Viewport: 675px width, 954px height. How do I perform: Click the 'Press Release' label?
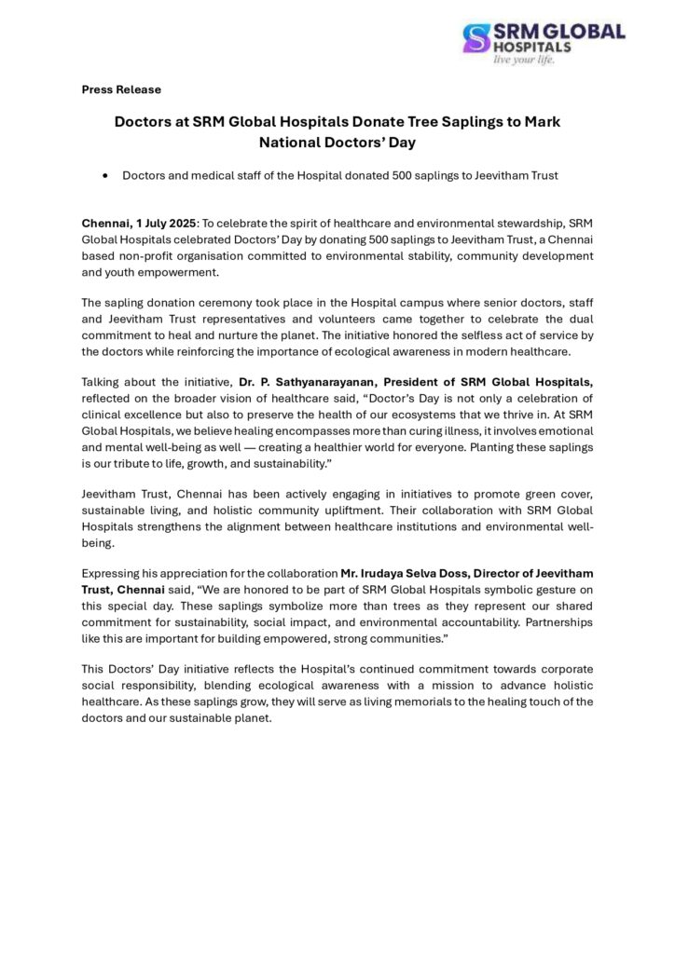(x=121, y=89)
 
